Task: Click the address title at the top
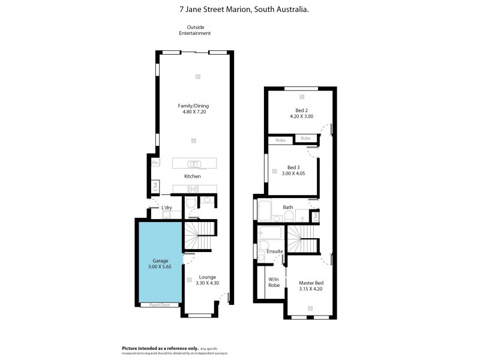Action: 239,9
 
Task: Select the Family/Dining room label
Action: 193,106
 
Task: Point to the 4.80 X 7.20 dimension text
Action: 193,112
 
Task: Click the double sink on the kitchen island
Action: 194,163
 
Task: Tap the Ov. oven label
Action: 155,163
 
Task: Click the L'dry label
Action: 167,208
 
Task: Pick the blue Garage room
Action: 159,264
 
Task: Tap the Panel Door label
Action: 159,305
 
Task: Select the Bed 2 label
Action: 301,110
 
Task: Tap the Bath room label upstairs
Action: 288,208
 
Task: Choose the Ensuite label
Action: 274,251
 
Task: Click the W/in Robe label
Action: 274,281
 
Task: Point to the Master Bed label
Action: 311,283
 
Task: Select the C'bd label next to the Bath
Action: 316,215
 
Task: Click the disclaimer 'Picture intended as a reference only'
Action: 160,348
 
